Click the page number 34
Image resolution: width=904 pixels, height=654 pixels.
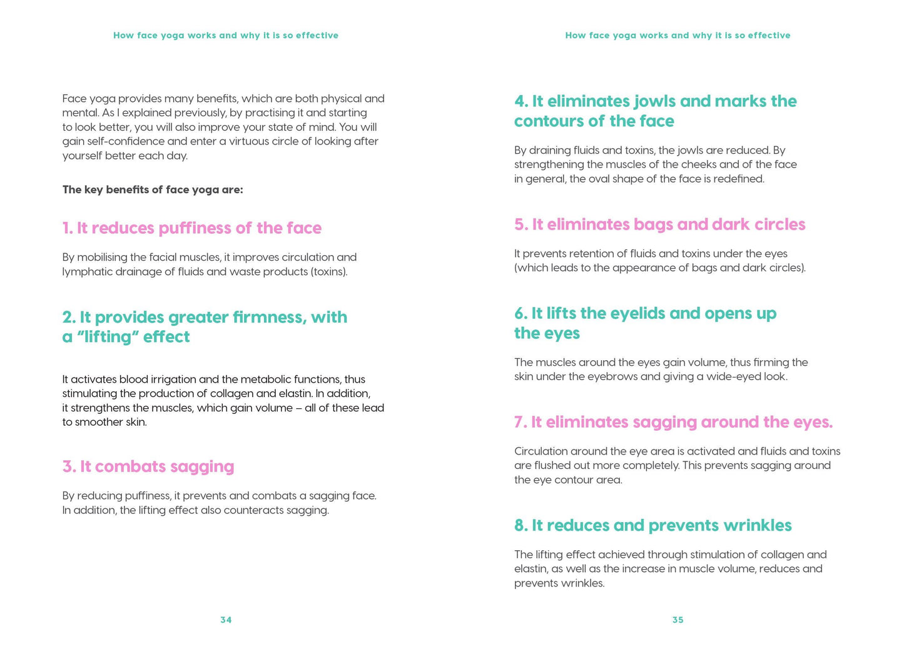pos(226,620)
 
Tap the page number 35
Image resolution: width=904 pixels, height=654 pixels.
pos(678,620)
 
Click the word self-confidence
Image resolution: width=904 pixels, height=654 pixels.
pos(126,141)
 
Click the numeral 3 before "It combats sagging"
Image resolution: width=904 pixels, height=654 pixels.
pos(68,467)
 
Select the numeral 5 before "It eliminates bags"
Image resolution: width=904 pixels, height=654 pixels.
pos(519,224)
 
